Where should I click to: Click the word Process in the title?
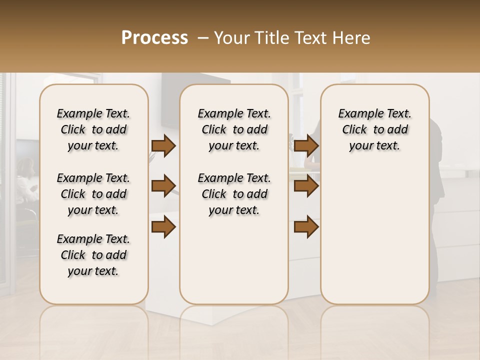pos(154,37)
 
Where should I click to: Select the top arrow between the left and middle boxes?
pos(163,145)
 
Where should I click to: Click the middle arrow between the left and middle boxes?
pos(163,186)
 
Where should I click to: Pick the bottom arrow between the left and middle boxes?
pos(163,227)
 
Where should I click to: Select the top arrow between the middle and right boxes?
pos(306,145)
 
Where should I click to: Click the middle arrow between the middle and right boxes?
pos(306,186)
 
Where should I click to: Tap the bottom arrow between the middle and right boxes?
pos(306,227)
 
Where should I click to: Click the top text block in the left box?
pos(93,129)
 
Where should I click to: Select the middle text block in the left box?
pos(93,194)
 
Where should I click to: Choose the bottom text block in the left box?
pos(93,255)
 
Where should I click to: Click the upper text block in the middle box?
pos(234,129)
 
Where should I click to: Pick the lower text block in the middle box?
pos(234,194)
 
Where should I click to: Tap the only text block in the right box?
pos(375,129)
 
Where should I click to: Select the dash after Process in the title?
pos(202,37)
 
